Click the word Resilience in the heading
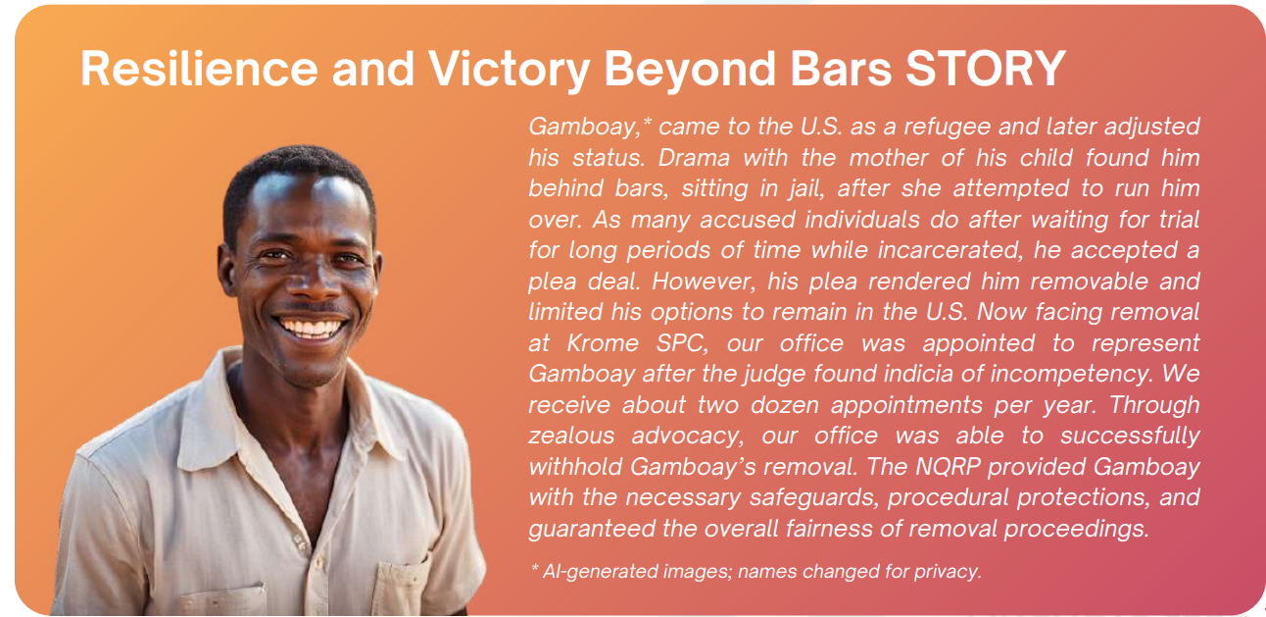[x=200, y=69]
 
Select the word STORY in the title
[x=986, y=69]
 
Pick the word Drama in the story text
[x=694, y=158]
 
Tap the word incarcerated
[x=950, y=250]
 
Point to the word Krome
[x=603, y=343]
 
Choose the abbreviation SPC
[x=681, y=344]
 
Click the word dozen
[x=786, y=405]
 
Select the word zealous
[x=571, y=437]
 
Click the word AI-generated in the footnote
[x=599, y=572]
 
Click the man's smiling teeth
[x=311, y=328]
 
